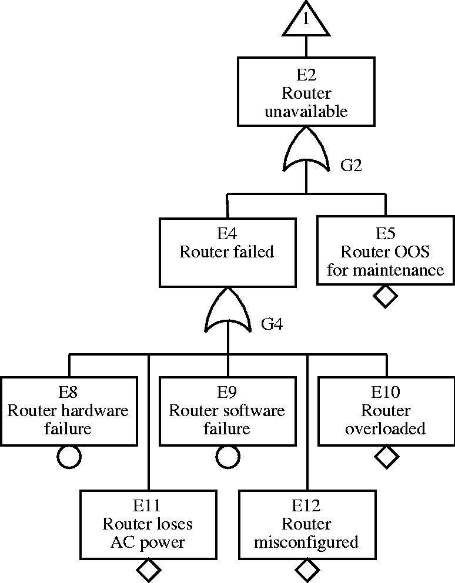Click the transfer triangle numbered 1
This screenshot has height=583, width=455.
tap(306, 20)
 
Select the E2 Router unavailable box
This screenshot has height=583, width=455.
tap(306, 92)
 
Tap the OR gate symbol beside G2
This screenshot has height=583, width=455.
tap(306, 154)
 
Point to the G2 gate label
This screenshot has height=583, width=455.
tap(351, 165)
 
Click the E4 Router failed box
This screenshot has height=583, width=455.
tap(227, 252)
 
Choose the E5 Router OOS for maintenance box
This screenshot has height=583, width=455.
tap(386, 252)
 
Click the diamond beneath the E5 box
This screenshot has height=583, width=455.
tap(386, 296)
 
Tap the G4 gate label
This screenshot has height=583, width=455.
tap(272, 324)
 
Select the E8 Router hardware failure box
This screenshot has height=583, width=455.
tap(69, 410)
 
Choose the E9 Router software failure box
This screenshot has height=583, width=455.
tap(227, 410)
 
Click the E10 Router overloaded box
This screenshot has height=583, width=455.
tap(386, 410)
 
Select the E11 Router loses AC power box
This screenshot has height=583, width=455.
tap(148, 524)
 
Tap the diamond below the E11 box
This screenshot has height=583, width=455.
tap(148, 569)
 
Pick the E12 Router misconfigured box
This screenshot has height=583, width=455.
tap(306, 524)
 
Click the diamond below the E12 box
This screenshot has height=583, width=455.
tap(307, 569)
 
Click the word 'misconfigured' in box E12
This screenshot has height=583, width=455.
tap(306, 542)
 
